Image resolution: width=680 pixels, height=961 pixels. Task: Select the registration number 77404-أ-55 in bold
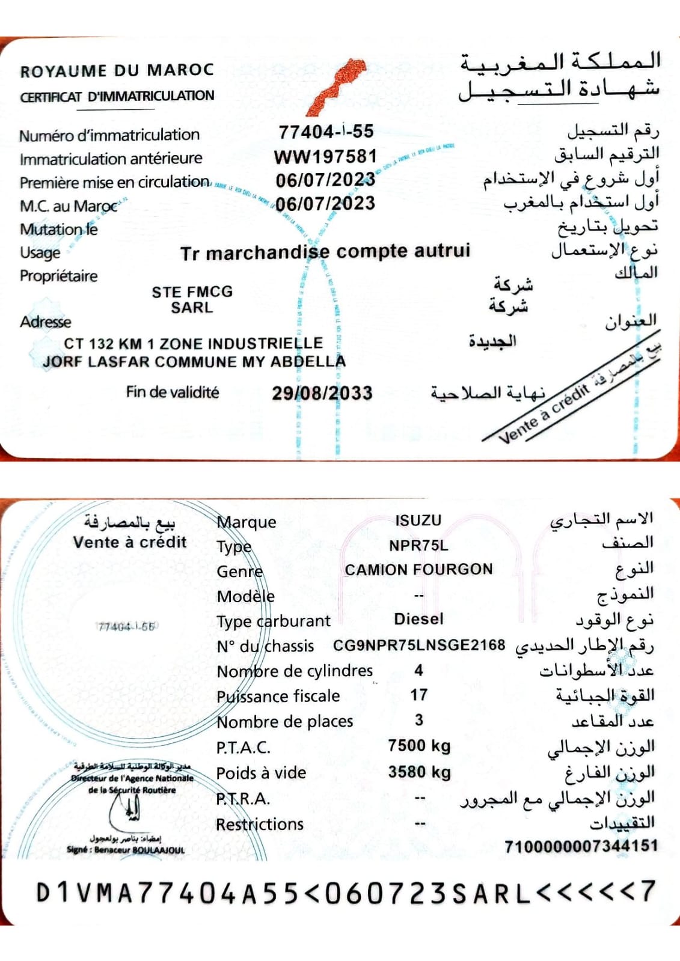point(326,132)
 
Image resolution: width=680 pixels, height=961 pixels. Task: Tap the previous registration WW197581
point(325,157)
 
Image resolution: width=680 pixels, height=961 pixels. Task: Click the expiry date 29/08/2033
point(322,393)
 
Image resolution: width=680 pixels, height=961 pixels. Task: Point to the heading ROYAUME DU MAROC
point(117,70)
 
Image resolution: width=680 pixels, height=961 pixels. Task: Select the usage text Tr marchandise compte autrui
point(325,252)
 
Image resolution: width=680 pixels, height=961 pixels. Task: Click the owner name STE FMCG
point(192,292)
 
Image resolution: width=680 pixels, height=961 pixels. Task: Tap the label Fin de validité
point(173,392)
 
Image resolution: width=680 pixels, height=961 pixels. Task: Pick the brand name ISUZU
point(418,520)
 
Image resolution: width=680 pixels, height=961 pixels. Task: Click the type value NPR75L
point(418,546)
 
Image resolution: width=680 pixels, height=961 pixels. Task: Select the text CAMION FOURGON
point(418,569)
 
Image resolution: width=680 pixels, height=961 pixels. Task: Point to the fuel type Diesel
point(418,619)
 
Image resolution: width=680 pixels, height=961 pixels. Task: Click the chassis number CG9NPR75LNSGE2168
point(419,645)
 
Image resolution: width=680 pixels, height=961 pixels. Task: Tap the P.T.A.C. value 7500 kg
point(419,746)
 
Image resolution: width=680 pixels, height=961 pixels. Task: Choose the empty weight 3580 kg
point(419,772)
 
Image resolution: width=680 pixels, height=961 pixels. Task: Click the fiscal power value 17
point(419,695)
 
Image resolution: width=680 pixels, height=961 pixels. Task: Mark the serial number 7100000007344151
point(581,846)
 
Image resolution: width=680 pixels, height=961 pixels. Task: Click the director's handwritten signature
point(128,812)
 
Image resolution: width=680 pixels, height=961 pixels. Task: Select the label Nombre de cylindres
point(295,671)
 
